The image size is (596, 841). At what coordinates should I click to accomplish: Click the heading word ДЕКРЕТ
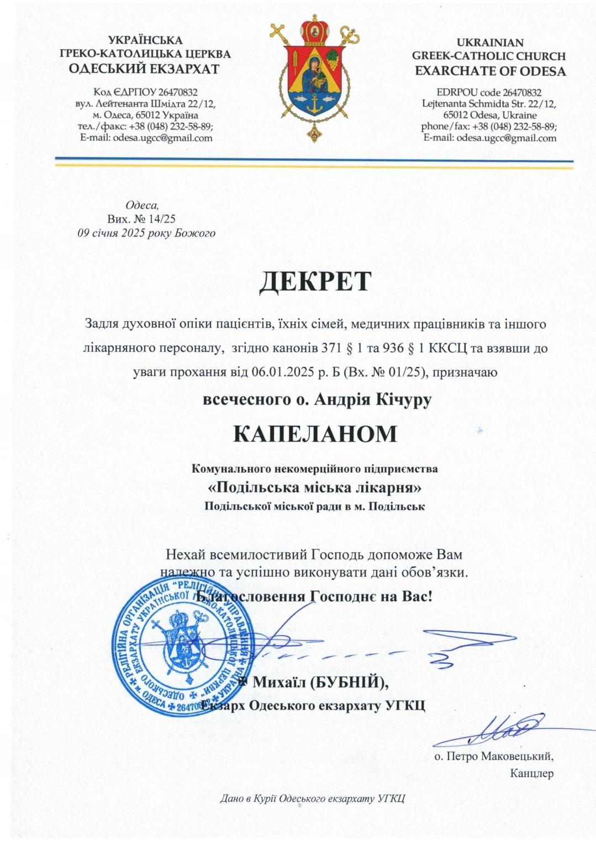[x=315, y=281]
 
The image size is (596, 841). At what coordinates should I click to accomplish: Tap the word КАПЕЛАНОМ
[x=315, y=434]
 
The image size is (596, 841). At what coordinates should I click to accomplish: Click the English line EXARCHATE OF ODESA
[x=490, y=71]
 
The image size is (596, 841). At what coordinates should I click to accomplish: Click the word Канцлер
[x=532, y=773]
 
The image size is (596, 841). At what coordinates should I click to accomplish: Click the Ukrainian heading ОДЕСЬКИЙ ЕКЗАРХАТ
[x=145, y=69]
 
